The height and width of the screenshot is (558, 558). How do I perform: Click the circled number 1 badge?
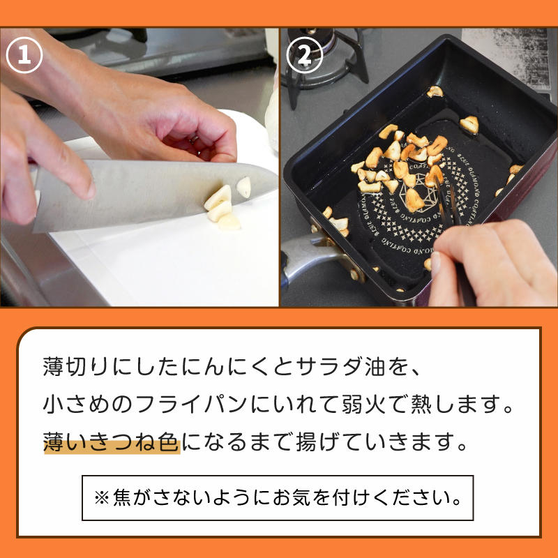coord(24,55)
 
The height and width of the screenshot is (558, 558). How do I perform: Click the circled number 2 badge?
coord(305,55)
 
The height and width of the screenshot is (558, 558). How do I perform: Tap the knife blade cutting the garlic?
coord(149,194)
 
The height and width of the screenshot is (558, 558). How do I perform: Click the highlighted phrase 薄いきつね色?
coord(112,442)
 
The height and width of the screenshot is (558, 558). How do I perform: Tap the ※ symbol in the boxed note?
coord(101,498)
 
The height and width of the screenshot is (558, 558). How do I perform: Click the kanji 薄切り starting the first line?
coord(76,366)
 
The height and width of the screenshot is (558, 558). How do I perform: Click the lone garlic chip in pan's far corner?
coord(435,91)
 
